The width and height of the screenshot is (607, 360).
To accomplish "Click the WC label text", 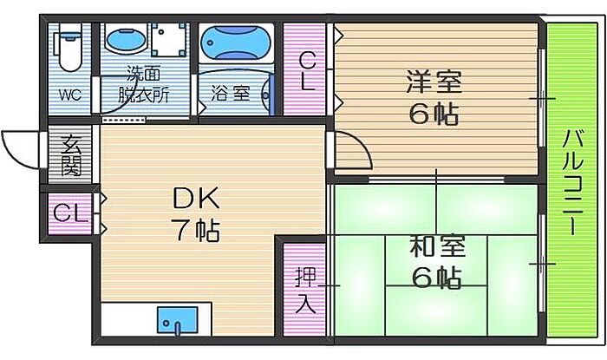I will pos(69,95).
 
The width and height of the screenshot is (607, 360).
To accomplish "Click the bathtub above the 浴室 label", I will pos(237,42).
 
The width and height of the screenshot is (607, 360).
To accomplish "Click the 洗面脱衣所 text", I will pos(144,84).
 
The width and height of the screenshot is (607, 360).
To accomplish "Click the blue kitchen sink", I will pos(177,321).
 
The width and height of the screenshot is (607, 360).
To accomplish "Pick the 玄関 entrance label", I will pos(69,155).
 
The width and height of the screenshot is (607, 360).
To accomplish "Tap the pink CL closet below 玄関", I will pos(69,213).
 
